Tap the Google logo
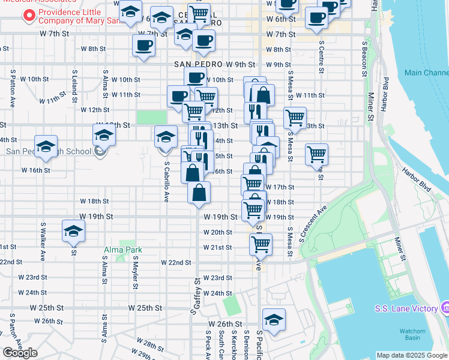tap(19, 353)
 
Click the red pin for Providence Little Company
tap(28, 16)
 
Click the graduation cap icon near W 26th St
tap(274, 319)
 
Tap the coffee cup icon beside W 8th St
tap(143, 46)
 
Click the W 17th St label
tap(280, 187)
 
